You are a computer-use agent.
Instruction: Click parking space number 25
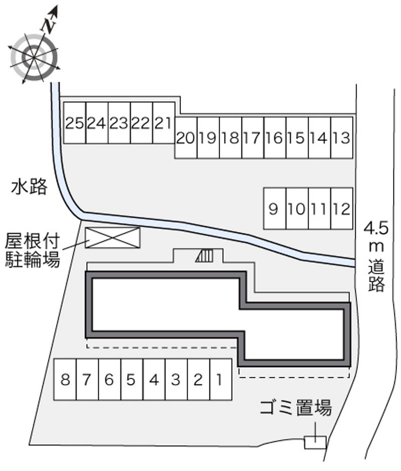75,123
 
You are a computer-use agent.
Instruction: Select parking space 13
341,138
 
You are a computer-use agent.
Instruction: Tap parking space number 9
274,208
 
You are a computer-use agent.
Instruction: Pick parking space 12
341,208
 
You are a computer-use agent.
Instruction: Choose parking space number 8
65,380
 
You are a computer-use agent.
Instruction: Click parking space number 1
220,380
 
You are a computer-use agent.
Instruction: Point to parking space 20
185,138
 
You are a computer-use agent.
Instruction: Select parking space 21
163,123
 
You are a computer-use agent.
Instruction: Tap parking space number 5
131,380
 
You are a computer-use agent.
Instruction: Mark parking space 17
252,138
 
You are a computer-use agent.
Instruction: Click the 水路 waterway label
30,187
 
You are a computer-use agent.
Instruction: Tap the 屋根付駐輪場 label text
32,250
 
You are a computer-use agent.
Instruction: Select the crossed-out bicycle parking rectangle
113,237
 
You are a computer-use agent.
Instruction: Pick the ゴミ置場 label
296,408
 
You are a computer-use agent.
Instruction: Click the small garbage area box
315,442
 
